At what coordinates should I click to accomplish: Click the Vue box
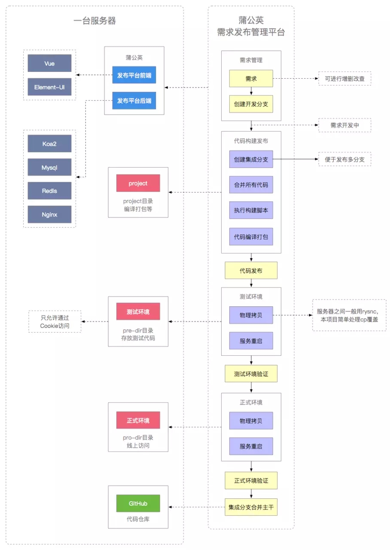pos(49,63)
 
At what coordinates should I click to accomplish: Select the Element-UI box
pos(49,87)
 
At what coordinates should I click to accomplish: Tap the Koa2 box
pos(49,144)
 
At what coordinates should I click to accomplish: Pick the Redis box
pos(49,191)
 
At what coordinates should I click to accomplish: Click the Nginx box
pos(49,214)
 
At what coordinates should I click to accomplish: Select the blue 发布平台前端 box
pos(134,75)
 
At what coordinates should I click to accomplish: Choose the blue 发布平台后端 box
pos(134,101)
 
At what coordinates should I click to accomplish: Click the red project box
pos(138,183)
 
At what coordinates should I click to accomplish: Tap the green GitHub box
pos(138,503)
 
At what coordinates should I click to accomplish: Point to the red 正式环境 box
pos(138,420)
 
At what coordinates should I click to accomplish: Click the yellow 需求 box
pos(251,79)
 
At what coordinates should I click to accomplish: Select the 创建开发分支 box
pos(251,104)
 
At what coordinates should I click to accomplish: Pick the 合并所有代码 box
pos(251,185)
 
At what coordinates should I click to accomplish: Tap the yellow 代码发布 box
pos(251,271)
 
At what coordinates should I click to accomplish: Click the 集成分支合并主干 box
pos(251,507)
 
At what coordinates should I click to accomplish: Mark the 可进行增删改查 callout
pos(344,79)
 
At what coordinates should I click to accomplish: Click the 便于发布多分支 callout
pos(344,159)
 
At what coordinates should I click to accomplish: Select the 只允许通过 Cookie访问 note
pos(55,321)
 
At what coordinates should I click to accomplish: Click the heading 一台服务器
pos(94,21)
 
